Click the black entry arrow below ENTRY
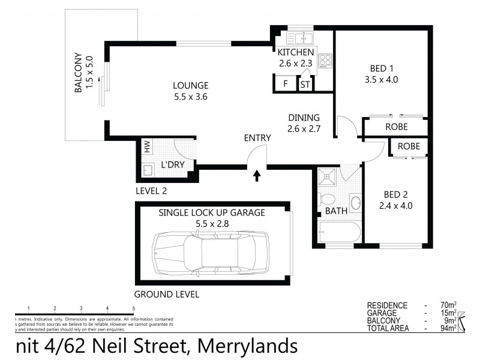click(257, 175)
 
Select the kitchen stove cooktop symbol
click(325, 60)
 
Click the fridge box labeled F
click(285, 84)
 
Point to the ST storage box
click(305, 84)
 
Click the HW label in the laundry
click(146, 146)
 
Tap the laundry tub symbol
click(148, 170)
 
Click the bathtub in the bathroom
click(338, 231)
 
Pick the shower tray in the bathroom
click(328, 176)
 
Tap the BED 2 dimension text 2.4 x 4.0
click(395, 205)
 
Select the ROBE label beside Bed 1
click(397, 127)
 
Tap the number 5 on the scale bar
click(133, 308)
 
